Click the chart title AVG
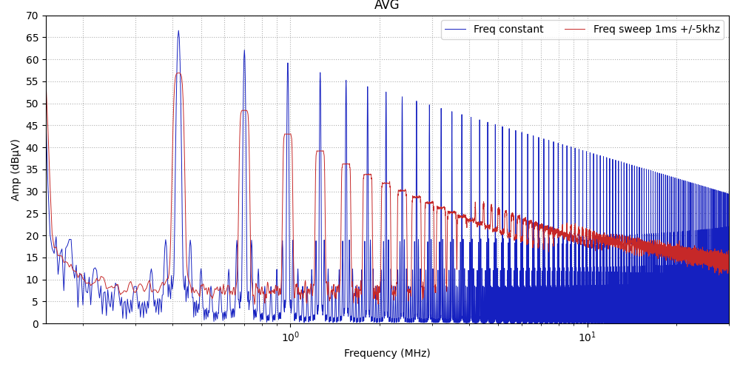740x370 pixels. tap(386, 6)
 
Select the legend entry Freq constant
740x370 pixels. tap(508, 30)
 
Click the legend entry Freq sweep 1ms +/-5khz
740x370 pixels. tap(656, 30)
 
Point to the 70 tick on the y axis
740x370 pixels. tap(32, 16)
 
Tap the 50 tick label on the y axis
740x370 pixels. tap(32, 104)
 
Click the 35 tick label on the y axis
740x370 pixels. tap(32, 169)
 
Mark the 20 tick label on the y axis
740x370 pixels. tap(32, 236)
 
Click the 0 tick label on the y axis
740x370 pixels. tap(35, 324)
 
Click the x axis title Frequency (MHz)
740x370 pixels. tap(386, 354)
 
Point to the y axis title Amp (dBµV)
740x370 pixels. tap(16, 169)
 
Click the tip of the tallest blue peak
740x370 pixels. tap(178, 31)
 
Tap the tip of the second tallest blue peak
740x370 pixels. tap(244, 50)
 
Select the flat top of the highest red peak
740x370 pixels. tap(178, 73)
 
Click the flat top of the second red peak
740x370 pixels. tap(244, 110)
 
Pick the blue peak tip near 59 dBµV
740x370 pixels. tap(288, 63)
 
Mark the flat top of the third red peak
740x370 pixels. tap(288, 134)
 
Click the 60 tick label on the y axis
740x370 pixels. tap(32, 59)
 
